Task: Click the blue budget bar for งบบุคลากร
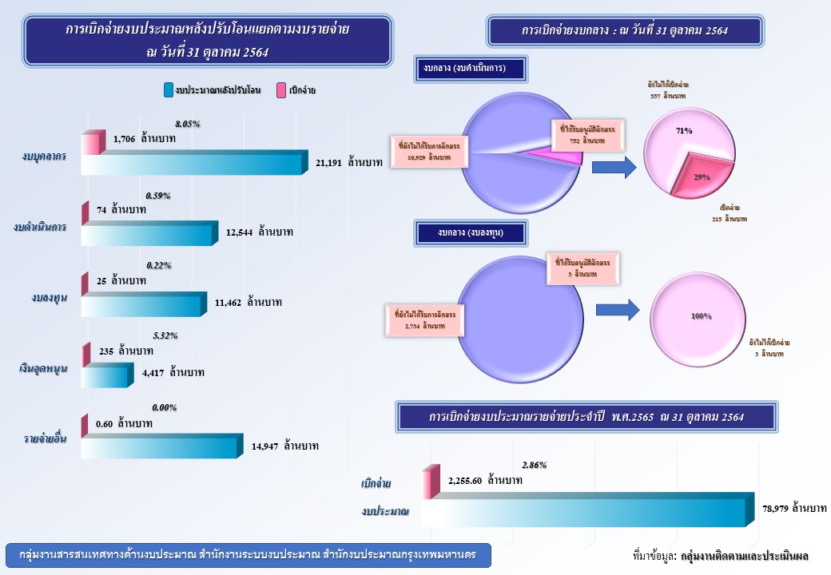[192, 164]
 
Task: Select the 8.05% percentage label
[187, 124]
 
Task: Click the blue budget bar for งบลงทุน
[144, 303]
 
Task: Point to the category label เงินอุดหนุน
[43, 369]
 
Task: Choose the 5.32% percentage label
[164, 335]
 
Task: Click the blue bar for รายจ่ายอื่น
[160, 446]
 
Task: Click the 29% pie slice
[701, 175]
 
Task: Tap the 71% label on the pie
[683, 130]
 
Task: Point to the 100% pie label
[701, 316]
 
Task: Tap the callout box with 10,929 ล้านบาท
[430, 152]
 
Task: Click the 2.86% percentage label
[533, 465]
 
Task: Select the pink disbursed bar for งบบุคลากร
[91, 144]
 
